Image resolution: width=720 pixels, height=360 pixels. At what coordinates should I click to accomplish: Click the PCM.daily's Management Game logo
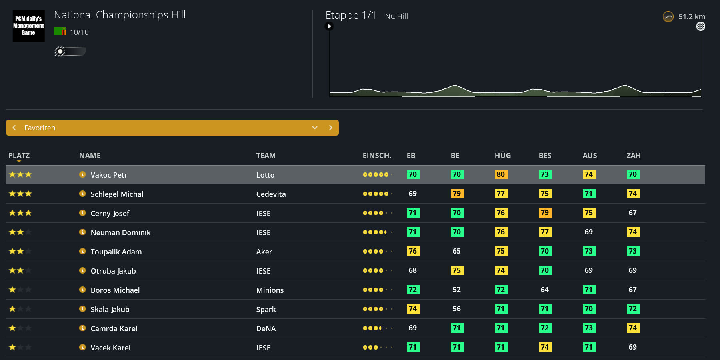pyautogui.click(x=28, y=26)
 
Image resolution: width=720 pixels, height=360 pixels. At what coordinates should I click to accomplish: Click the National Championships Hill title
pyautogui.click(x=120, y=15)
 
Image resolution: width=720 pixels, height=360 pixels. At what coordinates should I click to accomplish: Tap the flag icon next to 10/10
pyautogui.click(x=60, y=31)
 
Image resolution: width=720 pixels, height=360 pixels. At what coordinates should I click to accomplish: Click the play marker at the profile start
pyautogui.click(x=329, y=26)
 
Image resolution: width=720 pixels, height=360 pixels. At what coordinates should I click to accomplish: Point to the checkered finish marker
pyautogui.click(x=701, y=26)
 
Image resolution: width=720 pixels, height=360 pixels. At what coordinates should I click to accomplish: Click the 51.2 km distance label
pyautogui.click(x=692, y=16)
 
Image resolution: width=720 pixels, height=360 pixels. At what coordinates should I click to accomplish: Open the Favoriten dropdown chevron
pyautogui.click(x=315, y=128)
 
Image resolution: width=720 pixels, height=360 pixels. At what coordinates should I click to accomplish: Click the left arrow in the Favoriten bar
pyautogui.click(x=14, y=128)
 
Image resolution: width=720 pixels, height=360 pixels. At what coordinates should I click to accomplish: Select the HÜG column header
pyautogui.click(x=503, y=155)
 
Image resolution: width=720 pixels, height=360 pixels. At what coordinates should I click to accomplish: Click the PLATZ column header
pyautogui.click(x=19, y=155)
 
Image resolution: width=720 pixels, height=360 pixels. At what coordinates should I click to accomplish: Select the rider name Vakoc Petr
pyautogui.click(x=109, y=175)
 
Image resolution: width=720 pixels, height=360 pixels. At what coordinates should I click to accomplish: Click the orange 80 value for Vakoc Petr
pyautogui.click(x=501, y=174)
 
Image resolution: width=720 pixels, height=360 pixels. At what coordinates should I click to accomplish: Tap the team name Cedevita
pyautogui.click(x=271, y=194)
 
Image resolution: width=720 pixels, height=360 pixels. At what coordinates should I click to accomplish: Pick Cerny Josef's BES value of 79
pyautogui.click(x=545, y=213)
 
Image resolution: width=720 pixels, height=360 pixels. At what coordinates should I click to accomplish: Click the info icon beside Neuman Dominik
pyautogui.click(x=82, y=232)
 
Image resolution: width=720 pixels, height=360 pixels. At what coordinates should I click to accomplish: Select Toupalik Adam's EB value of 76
pyautogui.click(x=413, y=251)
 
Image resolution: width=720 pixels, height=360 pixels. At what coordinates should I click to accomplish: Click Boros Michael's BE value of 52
pyautogui.click(x=456, y=290)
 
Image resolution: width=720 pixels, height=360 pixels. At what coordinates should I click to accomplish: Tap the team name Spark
pyautogui.click(x=266, y=309)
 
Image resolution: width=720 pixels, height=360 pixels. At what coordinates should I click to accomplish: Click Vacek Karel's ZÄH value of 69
pyautogui.click(x=632, y=347)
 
